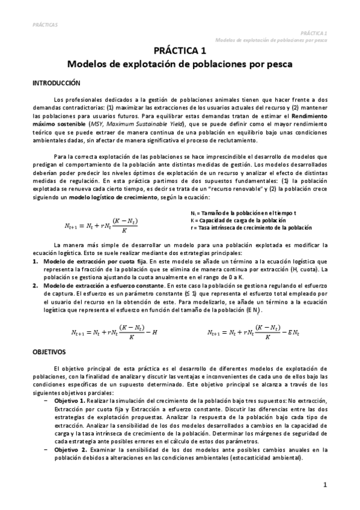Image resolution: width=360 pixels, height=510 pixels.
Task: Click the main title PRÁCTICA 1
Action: pos(180,51)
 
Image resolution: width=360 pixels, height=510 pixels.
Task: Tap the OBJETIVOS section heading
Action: pos(49,351)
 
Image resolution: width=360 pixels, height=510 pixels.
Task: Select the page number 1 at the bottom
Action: pos(325,484)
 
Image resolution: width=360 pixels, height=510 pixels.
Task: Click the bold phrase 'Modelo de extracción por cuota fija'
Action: pos(90,262)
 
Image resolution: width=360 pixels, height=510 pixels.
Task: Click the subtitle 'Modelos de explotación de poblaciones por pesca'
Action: pos(180,64)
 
